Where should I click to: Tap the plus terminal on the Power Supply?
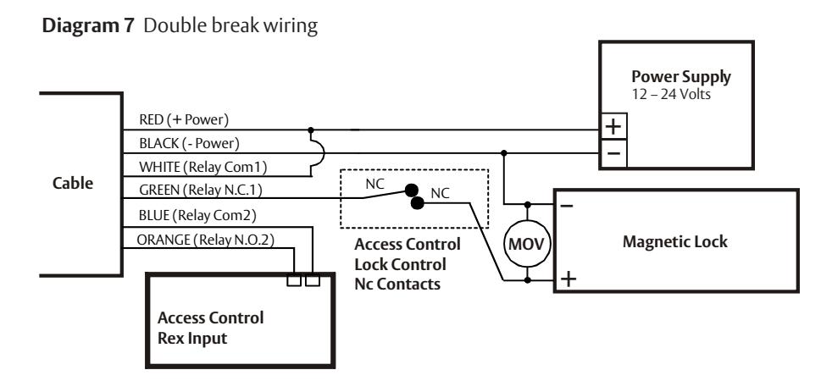click(x=613, y=126)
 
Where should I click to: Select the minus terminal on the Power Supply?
click(x=613, y=153)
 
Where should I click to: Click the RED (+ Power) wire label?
click(x=184, y=120)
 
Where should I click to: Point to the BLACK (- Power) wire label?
click(x=190, y=143)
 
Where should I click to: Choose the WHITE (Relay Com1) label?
click(x=202, y=167)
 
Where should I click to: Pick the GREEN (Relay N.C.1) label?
click(x=201, y=190)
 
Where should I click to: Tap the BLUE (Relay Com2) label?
click(x=197, y=215)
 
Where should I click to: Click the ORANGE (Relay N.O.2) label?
click(x=205, y=240)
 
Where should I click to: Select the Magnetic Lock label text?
click(x=675, y=242)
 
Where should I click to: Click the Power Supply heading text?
click(x=681, y=77)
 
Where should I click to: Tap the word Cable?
click(x=73, y=183)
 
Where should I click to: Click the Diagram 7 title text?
click(x=88, y=25)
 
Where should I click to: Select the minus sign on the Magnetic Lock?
click(x=567, y=205)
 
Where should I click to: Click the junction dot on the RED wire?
click(x=311, y=130)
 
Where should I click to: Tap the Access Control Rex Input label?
click(x=211, y=328)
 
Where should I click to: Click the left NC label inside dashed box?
click(x=374, y=185)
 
